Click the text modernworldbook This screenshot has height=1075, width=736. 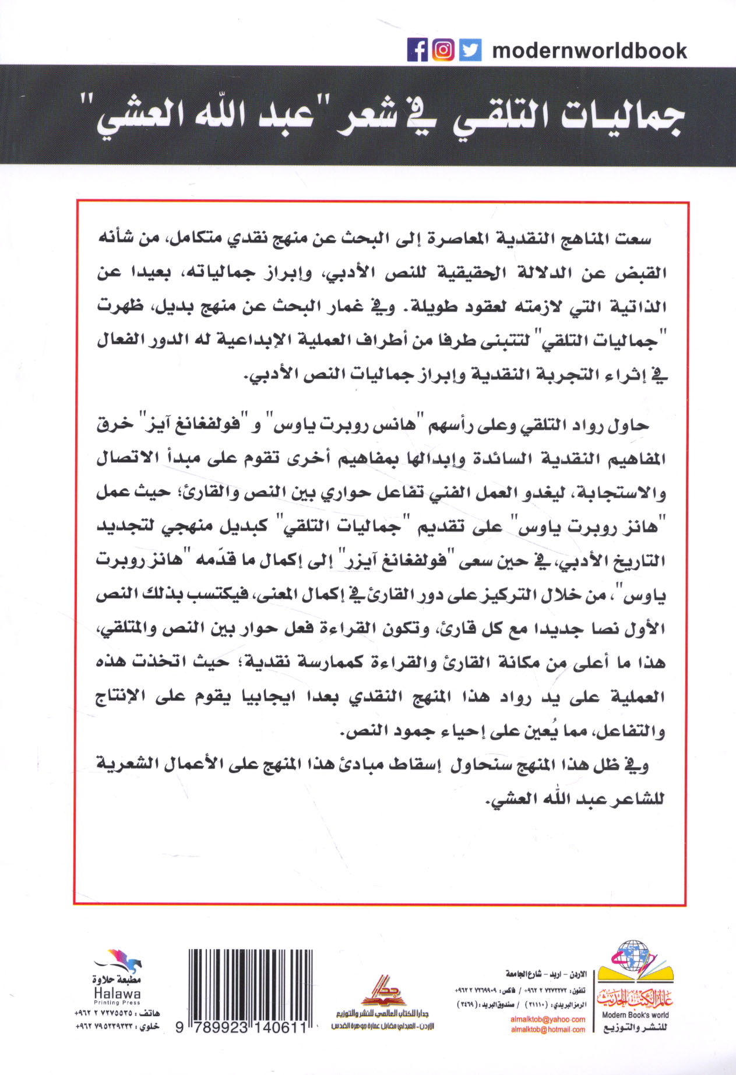[589, 51]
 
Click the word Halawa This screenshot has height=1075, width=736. [117, 993]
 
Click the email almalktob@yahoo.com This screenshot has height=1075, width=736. [548, 1020]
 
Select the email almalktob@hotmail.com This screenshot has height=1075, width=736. [548, 1030]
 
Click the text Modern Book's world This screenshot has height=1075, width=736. [635, 1015]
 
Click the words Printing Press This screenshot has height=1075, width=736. [117, 1003]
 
